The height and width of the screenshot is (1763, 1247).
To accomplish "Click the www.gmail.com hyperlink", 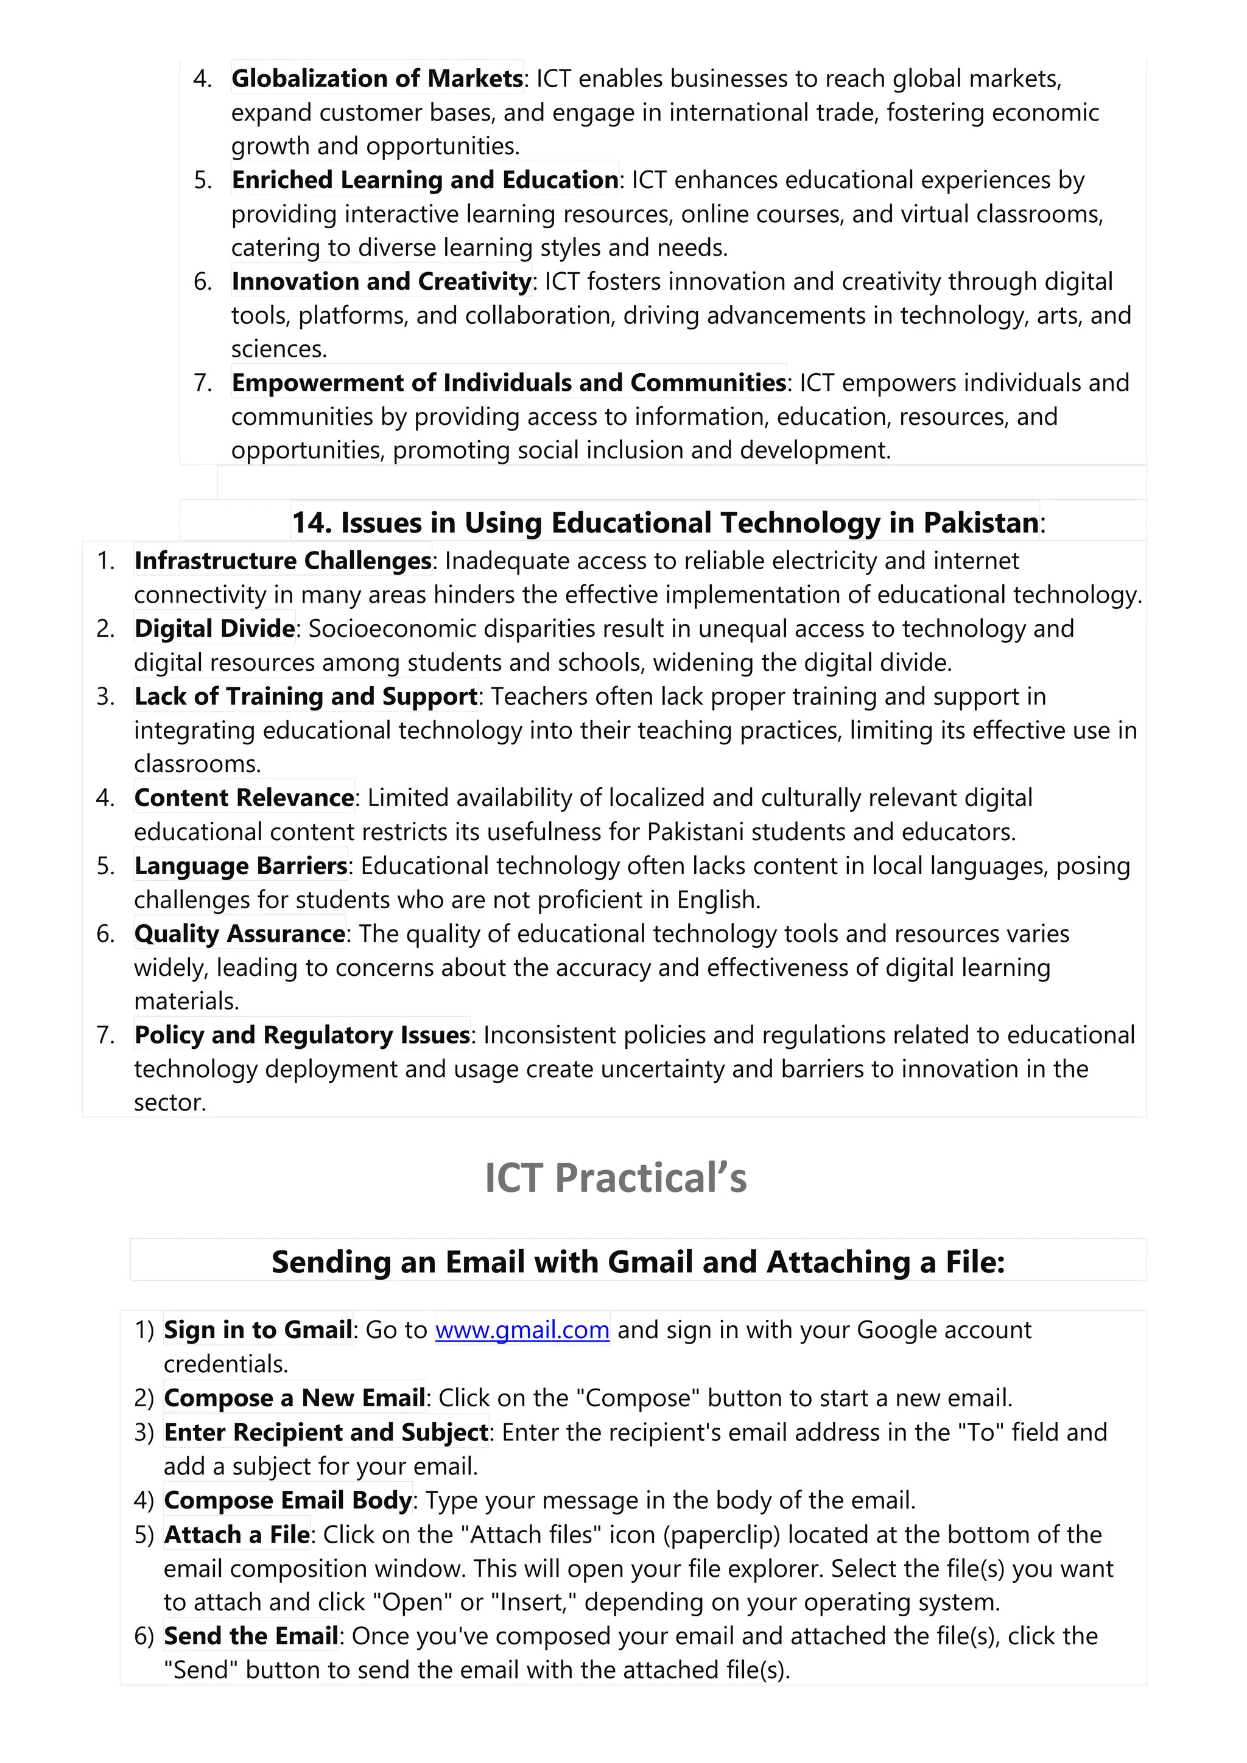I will tap(522, 1330).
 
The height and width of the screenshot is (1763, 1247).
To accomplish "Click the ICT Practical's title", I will tap(615, 1179).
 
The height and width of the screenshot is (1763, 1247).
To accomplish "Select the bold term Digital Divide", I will tap(214, 629).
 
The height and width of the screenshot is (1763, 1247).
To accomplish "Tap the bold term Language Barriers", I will tap(241, 866).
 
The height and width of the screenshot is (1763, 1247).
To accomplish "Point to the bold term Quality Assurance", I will tap(239, 934).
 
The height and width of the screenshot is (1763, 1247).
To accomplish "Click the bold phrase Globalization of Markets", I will tap(377, 79).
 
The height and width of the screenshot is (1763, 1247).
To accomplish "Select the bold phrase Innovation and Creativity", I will tap(382, 282).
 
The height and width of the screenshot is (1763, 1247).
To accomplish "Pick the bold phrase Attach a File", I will tap(236, 1535).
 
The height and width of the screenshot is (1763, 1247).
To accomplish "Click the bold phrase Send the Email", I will tap(251, 1636).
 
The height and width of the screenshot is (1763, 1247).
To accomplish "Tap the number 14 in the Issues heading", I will tap(310, 523).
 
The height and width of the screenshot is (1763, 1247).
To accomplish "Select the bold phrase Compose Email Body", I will tap(288, 1501).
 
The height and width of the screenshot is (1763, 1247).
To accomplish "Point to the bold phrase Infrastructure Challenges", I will tap(283, 561).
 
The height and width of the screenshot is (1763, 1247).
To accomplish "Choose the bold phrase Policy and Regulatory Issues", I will tap(302, 1035).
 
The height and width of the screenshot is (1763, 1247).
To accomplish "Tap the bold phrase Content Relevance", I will tap(244, 799).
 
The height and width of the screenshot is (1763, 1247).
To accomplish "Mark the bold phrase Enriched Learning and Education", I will tap(424, 180).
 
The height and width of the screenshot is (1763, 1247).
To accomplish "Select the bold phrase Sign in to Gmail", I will tap(258, 1330).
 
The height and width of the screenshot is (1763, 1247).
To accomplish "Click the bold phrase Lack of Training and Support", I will tap(306, 696).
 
